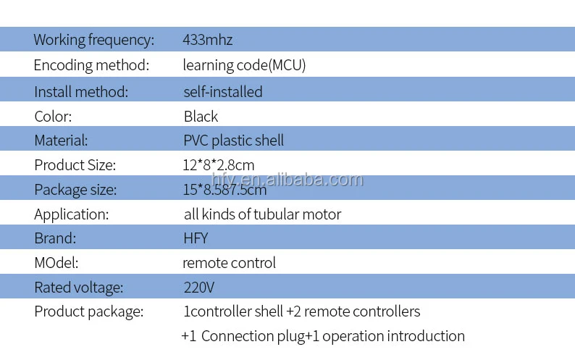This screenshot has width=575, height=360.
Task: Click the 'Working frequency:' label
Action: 93,40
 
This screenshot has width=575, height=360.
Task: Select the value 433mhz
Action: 207,40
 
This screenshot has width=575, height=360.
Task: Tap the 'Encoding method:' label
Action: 91,65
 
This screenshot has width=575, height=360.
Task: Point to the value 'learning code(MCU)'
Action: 244,65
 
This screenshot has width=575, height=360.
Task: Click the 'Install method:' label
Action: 81,92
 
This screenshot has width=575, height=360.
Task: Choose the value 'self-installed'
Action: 223,92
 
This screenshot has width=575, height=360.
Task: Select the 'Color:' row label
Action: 53,117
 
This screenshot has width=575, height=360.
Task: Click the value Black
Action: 201,117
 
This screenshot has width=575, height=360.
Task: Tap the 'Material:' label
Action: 61,141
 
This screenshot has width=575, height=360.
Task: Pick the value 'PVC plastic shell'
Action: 233,141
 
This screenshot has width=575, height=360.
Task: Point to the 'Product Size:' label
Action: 75,165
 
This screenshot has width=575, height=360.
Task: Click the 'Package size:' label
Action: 75,190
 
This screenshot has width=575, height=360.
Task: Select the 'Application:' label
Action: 71,214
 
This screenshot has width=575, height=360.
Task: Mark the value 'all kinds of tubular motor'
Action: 262,214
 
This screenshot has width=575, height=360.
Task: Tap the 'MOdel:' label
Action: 56,263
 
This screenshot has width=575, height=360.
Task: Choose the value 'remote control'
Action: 229,263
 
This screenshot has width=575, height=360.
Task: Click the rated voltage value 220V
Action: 199,288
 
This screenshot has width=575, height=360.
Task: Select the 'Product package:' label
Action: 88,312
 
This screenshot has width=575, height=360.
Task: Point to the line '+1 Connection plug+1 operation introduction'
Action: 322,336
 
